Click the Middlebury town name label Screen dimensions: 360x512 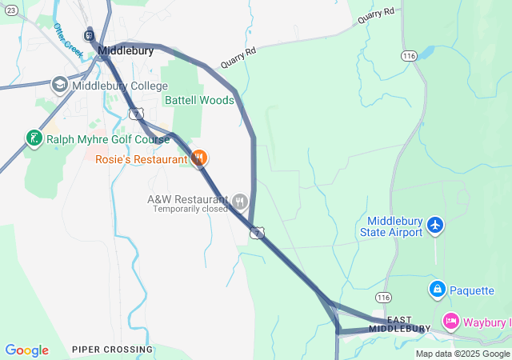coord(126,50)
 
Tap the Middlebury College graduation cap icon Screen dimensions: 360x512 coord(60,85)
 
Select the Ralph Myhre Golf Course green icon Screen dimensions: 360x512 coord(34,138)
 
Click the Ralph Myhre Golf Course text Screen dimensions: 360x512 coord(107,139)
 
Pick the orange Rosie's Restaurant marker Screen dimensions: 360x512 coord(200,158)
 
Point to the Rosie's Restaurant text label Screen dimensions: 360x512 coord(141,159)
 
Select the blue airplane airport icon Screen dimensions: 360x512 coord(435,226)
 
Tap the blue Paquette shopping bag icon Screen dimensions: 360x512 coord(437,290)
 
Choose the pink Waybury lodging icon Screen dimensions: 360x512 coord(450,322)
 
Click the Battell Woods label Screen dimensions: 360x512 coord(199,100)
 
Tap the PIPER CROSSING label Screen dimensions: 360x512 coord(112,350)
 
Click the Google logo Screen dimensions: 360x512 coord(27,350)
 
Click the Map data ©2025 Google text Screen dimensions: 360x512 coord(462,354)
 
